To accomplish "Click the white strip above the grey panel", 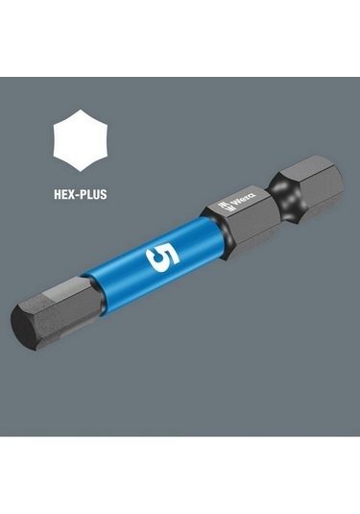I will click(x=180, y=38).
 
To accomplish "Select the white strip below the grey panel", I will click(x=180, y=476).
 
